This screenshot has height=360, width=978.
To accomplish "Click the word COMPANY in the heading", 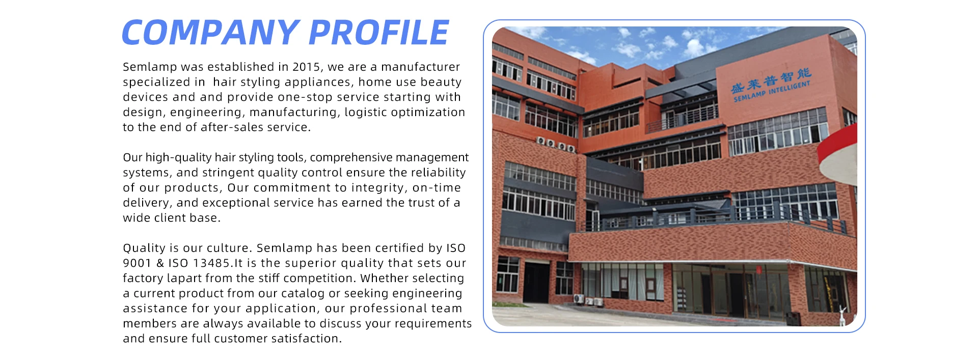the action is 210,33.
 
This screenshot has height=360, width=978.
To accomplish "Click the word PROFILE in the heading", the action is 378,33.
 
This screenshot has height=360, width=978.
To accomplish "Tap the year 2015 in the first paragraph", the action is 306,67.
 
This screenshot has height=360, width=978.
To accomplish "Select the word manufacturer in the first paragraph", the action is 421,67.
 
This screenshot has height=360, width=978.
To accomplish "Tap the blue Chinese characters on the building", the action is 771,80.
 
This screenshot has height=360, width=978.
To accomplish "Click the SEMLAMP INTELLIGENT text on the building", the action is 772,91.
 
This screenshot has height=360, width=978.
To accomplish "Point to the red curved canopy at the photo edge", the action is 838,153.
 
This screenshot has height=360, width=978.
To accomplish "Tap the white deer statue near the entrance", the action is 842,316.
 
